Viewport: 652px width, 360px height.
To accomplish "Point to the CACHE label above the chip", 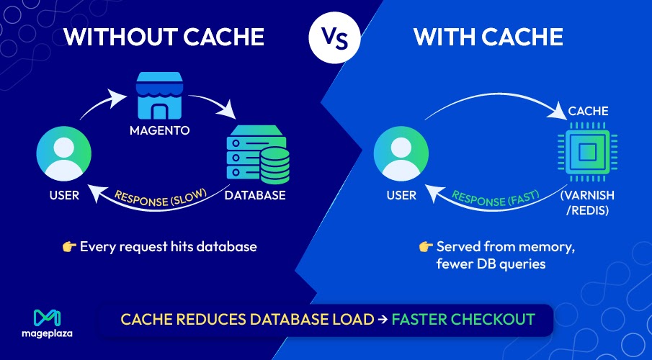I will (589, 111).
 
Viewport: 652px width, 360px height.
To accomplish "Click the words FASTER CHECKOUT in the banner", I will (463, 319).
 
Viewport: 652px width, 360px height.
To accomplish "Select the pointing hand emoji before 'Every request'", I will (69, 247).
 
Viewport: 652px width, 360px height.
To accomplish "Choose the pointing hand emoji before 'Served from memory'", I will (425, 247).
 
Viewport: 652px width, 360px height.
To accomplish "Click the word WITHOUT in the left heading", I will (115, 37).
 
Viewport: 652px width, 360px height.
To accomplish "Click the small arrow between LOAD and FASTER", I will (383, 319).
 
